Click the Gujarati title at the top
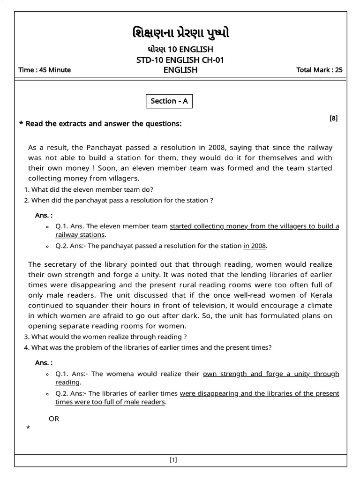click(180, 33)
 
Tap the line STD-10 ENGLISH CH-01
click(180, 60)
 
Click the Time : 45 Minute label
click(45, 70)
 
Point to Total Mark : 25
click(319, 70)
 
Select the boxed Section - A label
click(169, 101)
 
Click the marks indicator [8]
click(333, 119)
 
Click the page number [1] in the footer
click(173, 460)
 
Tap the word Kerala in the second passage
click(320, 295)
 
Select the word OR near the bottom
click(54, 419)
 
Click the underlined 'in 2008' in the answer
click(255, 245)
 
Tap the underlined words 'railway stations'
click(80, 234)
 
